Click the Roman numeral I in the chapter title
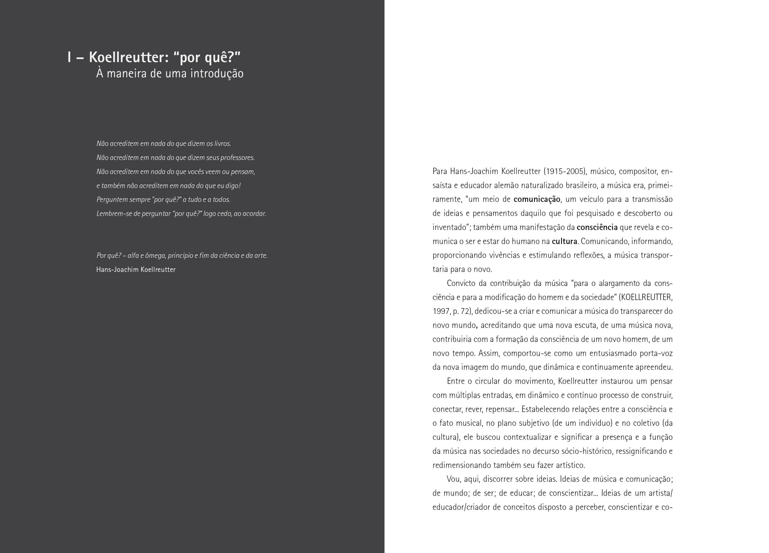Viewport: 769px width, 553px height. (x=69, y=57)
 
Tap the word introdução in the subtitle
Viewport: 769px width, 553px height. (x=217, y=74)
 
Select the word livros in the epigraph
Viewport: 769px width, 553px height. (x=222, y=143)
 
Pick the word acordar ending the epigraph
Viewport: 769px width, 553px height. (x=254, y=214)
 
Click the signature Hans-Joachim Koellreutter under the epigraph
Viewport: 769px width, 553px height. (x=136, y=270)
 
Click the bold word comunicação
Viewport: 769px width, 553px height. (x=537, y=200)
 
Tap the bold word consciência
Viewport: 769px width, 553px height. (x=597, y=227)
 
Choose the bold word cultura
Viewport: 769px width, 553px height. (x=564, y=242)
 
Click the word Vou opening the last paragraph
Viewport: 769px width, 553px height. (x=453, y=479)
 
